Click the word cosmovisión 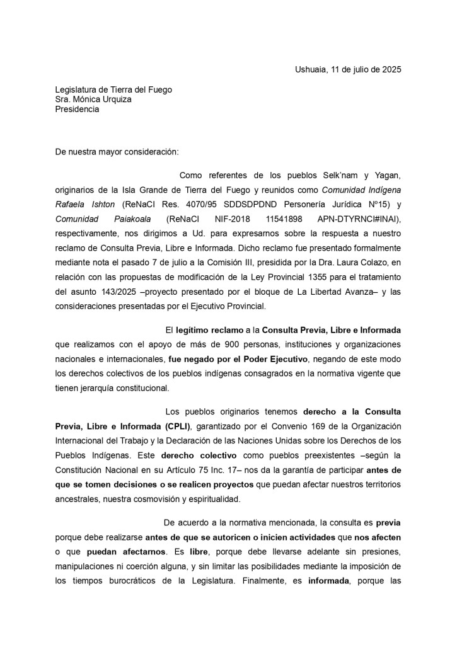(x=168, y=499)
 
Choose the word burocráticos (x=118, y=581)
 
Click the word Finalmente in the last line (x=253, y=581)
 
